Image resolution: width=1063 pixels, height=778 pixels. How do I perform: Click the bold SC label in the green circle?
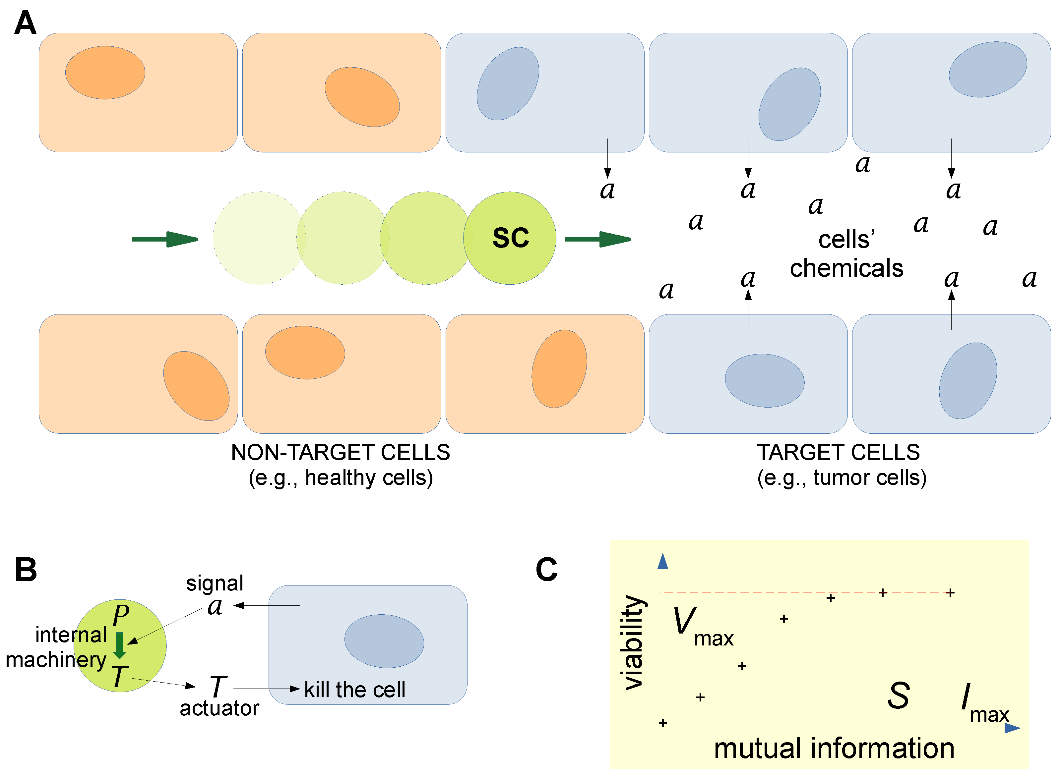(510, 238)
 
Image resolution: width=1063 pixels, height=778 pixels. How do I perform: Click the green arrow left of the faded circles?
(165, 239)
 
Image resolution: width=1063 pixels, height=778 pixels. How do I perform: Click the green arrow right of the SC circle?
(597, 239)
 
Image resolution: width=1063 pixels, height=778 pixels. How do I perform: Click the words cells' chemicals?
(846, 254)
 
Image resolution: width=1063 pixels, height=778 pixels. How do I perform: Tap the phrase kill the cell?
(354, 690)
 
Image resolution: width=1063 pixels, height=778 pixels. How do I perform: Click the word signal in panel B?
(215, 583)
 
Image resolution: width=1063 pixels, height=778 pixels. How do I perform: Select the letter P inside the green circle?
(121, 615)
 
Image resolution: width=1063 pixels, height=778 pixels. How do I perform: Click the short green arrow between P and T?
(120, 645)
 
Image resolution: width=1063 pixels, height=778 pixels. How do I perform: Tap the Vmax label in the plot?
(702, 626)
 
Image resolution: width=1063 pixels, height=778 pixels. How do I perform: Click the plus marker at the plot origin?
(663, 723)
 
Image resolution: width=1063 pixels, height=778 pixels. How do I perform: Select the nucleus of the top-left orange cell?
(105, 73)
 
